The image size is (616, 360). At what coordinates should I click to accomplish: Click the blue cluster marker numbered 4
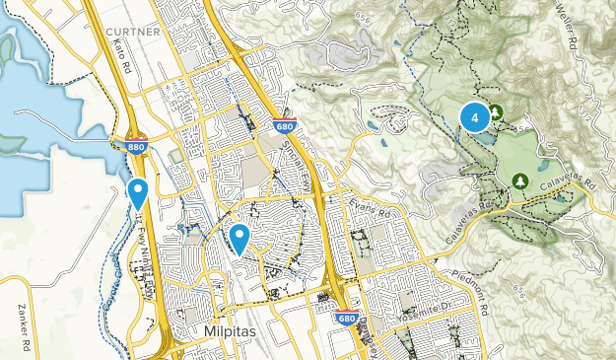click(x=475, y=118)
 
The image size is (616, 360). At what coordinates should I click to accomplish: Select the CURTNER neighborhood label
click(x=132, y=33)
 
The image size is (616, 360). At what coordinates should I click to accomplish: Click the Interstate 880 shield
click(x=135, y=147)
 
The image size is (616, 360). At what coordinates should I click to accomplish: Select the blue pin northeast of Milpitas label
click(x=240, y=238)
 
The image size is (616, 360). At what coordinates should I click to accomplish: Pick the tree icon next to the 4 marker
click(x=497, y=112)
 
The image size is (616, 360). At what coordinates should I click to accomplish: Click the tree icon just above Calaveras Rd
click(x=518, y=180)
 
